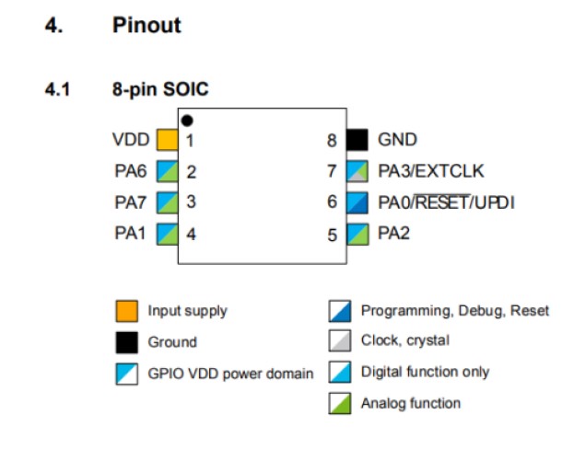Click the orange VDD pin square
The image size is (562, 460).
(x=167, y=140)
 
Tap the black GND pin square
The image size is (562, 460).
(x=357, y=140)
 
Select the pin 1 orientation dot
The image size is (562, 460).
(x=186, y=121)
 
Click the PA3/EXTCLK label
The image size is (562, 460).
(x=430, y=170)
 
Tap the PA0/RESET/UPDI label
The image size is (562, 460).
(x=446, y=201)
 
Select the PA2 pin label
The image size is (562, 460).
(x=393, y=233)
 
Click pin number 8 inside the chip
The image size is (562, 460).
(x=332, y=141)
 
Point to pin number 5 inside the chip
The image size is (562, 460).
(x=332, y=234)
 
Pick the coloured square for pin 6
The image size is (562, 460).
(x=357, y=201)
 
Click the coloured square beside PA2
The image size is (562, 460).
(x=357, y=233)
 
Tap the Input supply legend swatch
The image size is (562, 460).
(x=126, y=311)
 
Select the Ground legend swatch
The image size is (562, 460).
(x=126, y=342)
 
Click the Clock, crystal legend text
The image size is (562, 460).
(x=405, y=340)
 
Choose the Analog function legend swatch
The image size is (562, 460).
(x=340, y=403)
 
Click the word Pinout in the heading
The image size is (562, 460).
(x=146, y=25)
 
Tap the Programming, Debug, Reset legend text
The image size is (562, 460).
(x=454, y=311)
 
